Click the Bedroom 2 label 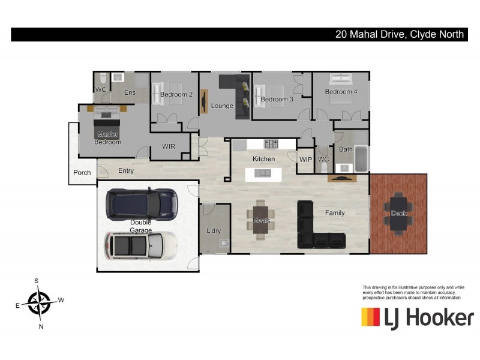(176, 94)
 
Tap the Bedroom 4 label (341, 92)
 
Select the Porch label (82, 173)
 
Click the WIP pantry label (305, 159)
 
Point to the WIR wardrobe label (169, 146)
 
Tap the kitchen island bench (263, 174)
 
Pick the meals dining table (262, 220)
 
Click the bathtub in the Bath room (361, 159)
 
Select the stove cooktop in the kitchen (271, 144)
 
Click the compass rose (39, 301)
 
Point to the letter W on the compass (61, 300)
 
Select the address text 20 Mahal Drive (370, 35)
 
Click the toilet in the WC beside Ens (103, 79)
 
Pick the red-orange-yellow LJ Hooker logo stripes (370, 317)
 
